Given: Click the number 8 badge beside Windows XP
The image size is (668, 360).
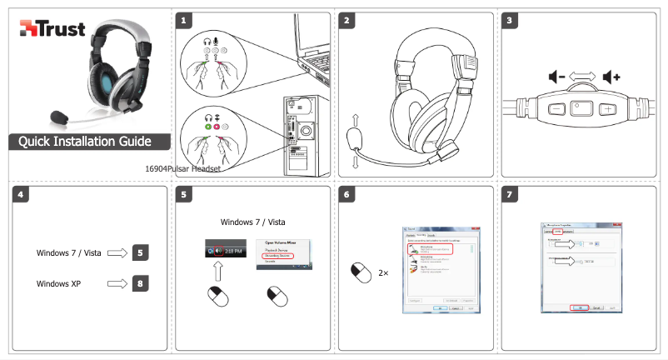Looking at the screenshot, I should coord(141,283).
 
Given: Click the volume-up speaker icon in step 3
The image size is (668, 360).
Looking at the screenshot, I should coord(612,77).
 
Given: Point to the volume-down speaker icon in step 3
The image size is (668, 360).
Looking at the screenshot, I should coord(557,77).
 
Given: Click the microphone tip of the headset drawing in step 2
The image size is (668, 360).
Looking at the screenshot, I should coord(355,135).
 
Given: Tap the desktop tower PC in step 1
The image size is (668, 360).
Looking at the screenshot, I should coord(304,133).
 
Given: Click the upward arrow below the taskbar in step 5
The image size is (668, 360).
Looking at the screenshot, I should coord(217,270).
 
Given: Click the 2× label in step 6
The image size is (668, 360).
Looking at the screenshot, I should coord(384,272).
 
